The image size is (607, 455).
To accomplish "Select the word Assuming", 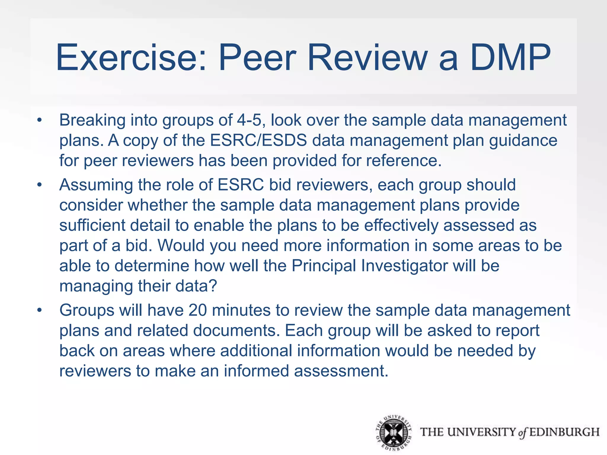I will (x=96, y=185).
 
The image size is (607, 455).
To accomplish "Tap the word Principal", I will (x=324, y=266).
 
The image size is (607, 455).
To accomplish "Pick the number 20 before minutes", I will (x=198, y=310).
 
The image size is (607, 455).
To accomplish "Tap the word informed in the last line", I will (x=256, y=371).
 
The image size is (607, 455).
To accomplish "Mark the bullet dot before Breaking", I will (x=40, y=121).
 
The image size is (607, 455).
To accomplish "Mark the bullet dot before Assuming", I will (x=40, y=185).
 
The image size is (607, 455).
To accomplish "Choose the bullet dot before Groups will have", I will (x=40, y=311).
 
